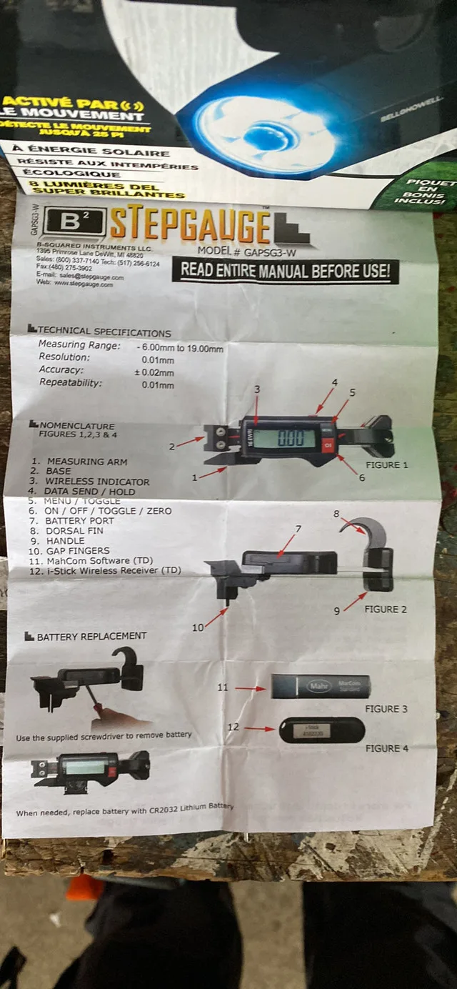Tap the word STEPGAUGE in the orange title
tap(190, 225)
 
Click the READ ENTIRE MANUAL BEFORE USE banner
tap(285, 271)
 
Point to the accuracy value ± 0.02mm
tap(154, 372)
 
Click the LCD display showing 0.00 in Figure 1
tap(283, 438)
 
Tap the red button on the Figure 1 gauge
tap(328, 447)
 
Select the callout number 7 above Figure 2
tap(298, 529)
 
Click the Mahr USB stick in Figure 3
tap(320, 687)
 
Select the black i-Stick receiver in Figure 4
tap(321, 730)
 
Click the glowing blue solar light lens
tap(264, 136)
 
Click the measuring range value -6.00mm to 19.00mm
tap(180, 348)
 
